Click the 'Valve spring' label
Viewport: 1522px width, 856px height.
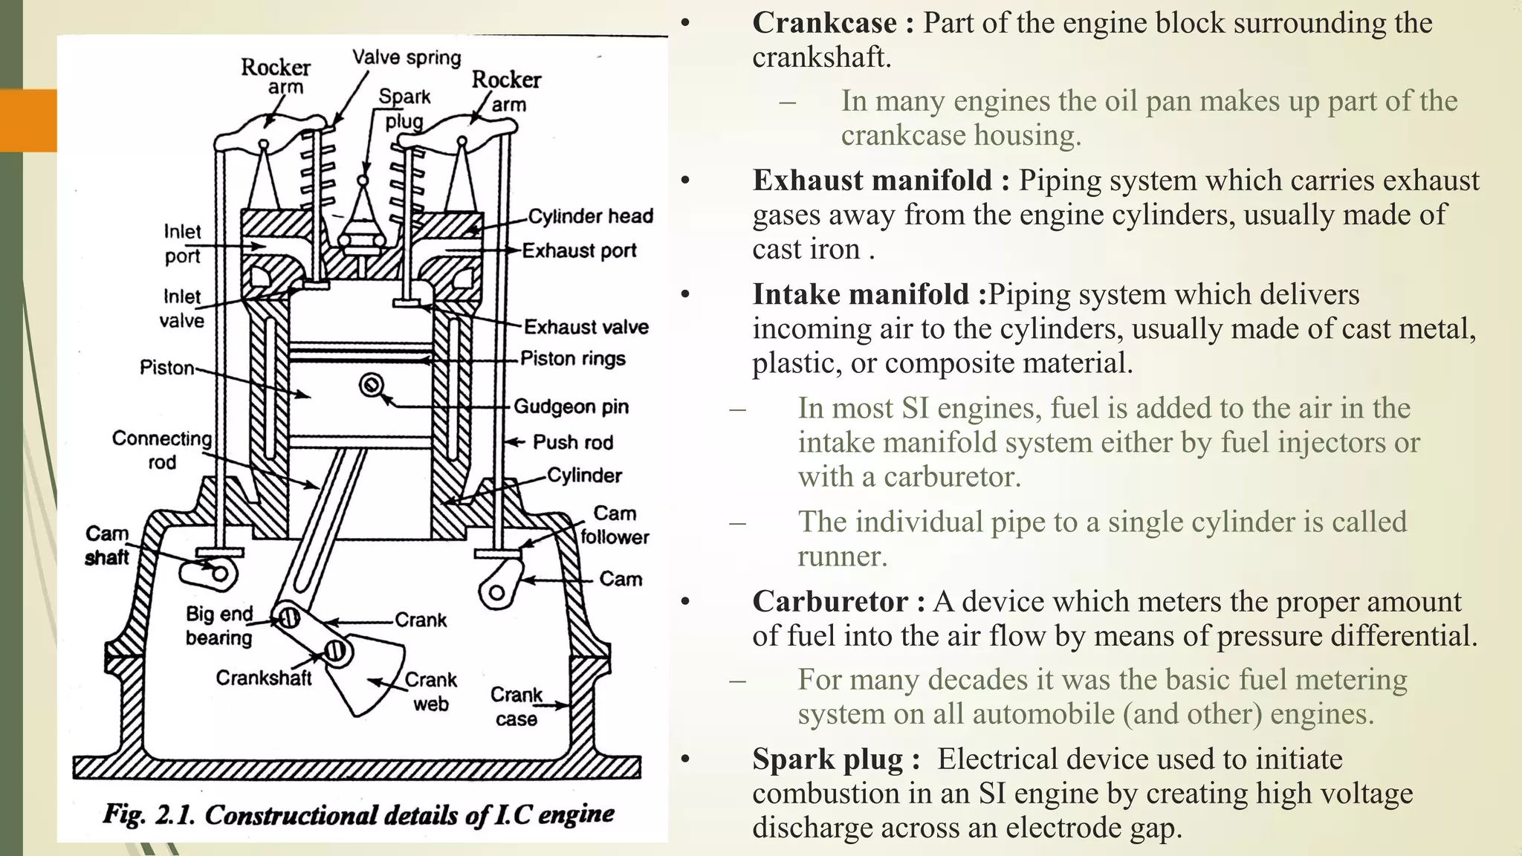[x=407, y=57]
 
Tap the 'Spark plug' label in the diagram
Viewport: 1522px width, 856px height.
[x=404, y=108]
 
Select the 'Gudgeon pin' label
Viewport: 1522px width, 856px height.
[x=571, y=406]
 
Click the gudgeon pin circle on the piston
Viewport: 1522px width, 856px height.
[x=372, y=385]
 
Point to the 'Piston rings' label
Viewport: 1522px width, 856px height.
[x=572, y=359]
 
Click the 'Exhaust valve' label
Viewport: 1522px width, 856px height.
[x=586, y=327]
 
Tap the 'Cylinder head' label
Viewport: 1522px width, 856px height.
[x=590, y=216]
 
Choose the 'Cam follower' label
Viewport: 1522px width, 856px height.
[x=615, y=525]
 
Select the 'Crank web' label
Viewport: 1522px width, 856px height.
[x=430, y=692]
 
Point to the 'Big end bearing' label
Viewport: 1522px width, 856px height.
[x=219, y=626]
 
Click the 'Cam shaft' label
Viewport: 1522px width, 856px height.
[x=107, y=545]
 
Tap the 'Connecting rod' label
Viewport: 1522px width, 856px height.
[x=162, y=450]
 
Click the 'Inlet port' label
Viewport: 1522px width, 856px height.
[x=182, y=244]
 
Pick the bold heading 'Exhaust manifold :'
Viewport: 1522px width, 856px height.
[x=881, y=181]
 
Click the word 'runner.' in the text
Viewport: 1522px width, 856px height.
[x=842, y=556]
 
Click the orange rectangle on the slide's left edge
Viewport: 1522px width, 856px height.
[x=28, y=120]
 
